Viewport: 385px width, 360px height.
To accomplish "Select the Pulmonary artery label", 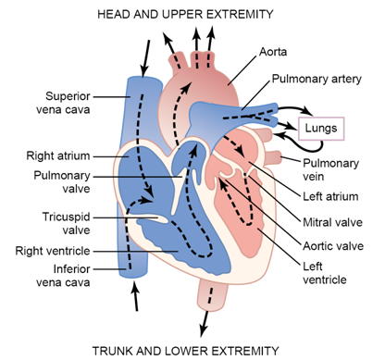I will coord(317,81).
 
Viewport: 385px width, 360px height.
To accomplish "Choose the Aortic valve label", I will coord(333,247).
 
